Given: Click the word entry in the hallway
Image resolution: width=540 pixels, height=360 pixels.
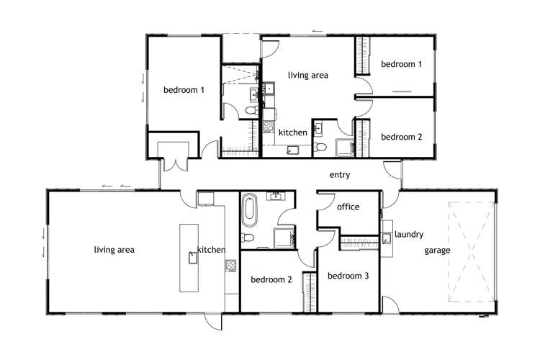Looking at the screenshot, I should click(339, 175).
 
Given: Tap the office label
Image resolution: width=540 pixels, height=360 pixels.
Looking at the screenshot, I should click(348, 207).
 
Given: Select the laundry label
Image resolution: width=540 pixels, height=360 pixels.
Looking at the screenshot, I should click(409, 234).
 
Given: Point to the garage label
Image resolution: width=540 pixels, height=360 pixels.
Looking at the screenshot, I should click(437, 251).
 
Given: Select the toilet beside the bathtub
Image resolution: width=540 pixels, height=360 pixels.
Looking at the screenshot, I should click(248, 238).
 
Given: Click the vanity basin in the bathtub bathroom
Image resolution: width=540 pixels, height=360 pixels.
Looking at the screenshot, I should click(276, 196).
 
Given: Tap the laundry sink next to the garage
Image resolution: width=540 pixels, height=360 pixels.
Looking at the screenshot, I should click(387, 239).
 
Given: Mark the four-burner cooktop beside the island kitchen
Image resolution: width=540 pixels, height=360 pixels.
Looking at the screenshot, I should click(231, 268).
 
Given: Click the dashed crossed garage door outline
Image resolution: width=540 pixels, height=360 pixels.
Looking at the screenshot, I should click(471, 252).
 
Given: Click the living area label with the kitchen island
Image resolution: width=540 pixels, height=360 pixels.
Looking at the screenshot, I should click(114, 250).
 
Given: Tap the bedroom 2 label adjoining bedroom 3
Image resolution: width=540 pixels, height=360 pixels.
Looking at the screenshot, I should click(271, 280).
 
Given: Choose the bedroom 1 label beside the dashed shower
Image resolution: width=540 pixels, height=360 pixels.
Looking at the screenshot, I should click(184, 90).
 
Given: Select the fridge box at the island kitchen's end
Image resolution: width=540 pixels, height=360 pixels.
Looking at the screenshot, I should click(206, 199).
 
